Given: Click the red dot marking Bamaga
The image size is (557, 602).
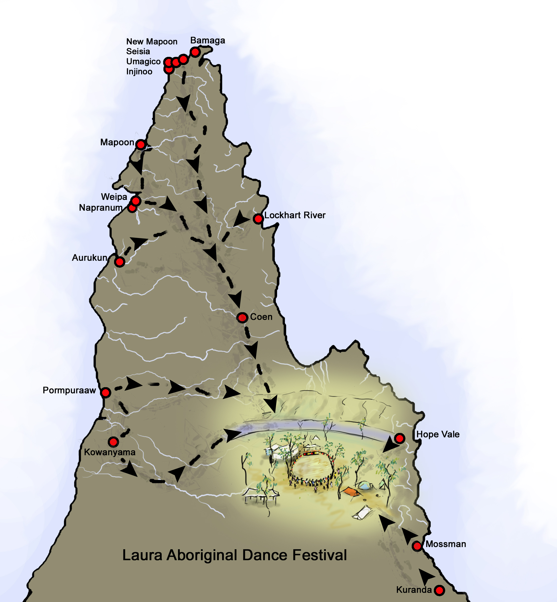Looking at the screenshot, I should coord(195,52).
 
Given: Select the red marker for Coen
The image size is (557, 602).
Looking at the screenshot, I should coord(242,318).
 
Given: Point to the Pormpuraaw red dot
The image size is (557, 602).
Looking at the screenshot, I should coord(106,392).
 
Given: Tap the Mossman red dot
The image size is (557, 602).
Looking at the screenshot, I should coord(417,546).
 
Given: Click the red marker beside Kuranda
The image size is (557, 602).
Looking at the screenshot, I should coord(439,590).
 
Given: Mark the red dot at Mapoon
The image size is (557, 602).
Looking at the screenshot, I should coord(141,145).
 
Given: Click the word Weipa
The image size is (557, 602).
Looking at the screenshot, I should coord(114,197).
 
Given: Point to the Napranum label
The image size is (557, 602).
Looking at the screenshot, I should coord(101,208).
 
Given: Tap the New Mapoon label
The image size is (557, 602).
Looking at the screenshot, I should coord(152,42).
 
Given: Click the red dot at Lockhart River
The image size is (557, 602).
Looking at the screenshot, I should coord(258,219).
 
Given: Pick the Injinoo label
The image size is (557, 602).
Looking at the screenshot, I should coord(139,72).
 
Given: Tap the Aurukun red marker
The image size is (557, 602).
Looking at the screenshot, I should coord(120,262).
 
